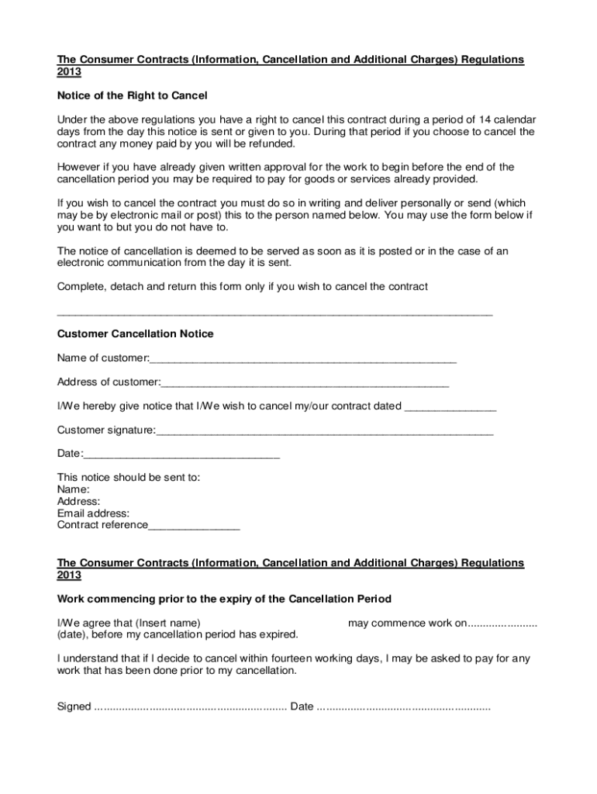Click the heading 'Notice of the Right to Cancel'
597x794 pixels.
pos(133,95)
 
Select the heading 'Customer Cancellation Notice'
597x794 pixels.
pos(136,334)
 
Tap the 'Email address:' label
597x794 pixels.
pos(93,513)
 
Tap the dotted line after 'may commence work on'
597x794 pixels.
pos(503,623)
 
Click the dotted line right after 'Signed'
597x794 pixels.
pos(190,706)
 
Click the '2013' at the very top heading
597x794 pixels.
pos(69,72)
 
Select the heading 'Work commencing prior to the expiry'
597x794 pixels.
pos(224,599)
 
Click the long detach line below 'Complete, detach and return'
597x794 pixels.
pos(275,314)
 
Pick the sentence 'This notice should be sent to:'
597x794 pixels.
pos(129,478)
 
